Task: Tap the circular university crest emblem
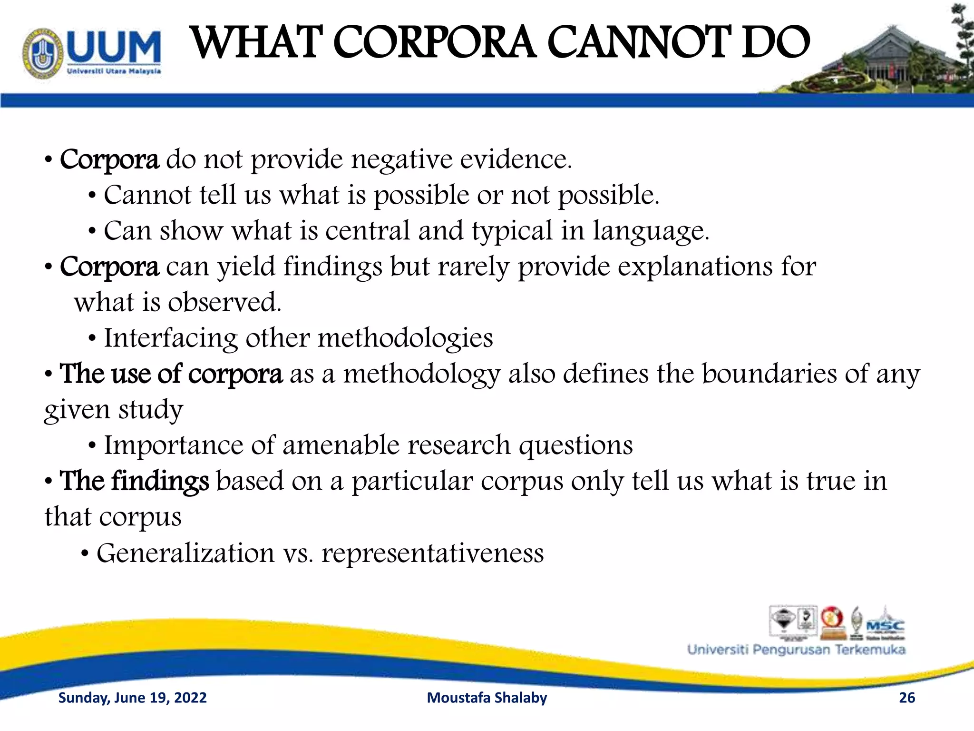tap(43, 53)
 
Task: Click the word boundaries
tap(769, 374)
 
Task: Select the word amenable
tap(341, 445)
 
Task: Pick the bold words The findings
tap(134, 481)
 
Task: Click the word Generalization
tap(185, 553)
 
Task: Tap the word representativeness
tap(432, 553)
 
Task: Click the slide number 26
tap(907, 698)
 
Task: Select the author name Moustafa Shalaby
tap(487, 698)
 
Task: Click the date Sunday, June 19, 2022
tap(132, 698)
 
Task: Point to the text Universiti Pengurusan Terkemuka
tap(796, 650)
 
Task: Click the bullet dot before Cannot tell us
tap(92, 196)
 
